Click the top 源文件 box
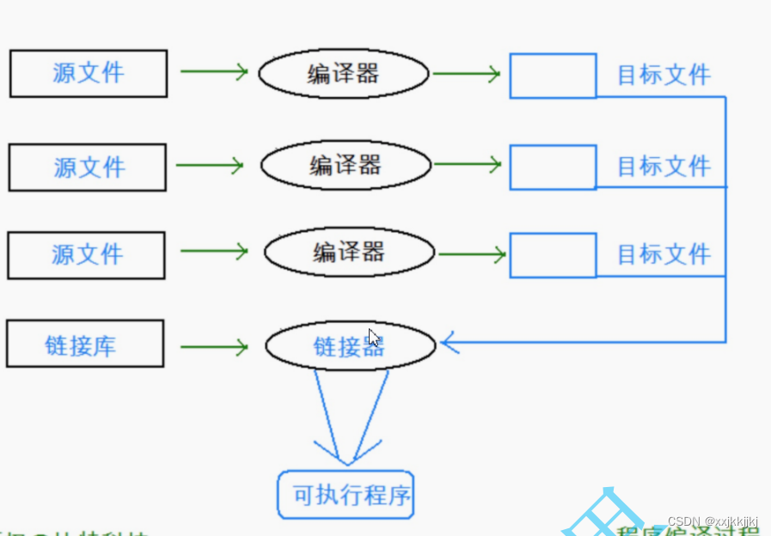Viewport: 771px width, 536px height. point(88,73)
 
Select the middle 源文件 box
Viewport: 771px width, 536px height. point(87,167)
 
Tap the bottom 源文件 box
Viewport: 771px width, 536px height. point(86,254)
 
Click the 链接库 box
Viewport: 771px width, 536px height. point(84,344)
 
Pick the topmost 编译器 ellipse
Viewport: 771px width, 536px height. point(343,74)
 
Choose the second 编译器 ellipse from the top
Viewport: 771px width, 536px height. point(345,165)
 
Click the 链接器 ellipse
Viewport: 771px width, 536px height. point(350,346)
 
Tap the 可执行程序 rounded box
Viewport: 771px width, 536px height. point(346,496)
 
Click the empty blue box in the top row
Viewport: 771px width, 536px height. point(553,76)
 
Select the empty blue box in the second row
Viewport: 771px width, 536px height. point(553,167)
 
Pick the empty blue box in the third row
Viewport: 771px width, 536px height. point(553,254)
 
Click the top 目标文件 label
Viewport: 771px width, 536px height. point(664,76)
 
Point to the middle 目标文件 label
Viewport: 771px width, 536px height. point(664,166)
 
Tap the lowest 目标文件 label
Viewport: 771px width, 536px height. point(664,254)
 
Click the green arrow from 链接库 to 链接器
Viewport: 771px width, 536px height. point(214,347)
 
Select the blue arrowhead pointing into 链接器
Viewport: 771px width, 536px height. point(450,344)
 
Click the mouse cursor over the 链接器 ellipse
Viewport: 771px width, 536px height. point(374,338)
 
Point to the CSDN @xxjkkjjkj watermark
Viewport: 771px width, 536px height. point(712,522)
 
